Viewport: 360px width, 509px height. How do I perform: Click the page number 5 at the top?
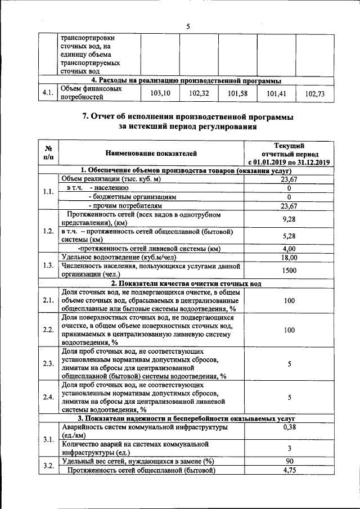tap(188, 26)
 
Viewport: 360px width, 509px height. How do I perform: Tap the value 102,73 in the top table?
tap(315, 94)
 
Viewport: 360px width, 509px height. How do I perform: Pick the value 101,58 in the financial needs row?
tap(238, 93)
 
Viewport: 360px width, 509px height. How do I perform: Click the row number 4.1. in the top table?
tap(48, 93)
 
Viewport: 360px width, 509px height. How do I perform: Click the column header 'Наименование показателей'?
tap(151, 152)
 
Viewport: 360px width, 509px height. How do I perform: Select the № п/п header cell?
tap(48, 153)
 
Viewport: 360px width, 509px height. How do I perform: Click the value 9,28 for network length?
tap(289, 219)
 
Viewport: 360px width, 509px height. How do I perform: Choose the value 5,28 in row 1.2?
tap(289, 236)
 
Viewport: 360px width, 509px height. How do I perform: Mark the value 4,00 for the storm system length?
tap(289, 249)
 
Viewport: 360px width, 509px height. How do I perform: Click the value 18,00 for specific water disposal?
tap(289, 257)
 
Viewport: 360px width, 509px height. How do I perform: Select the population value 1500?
tap(289, 271)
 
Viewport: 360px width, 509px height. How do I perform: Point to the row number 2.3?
tap(48, 363)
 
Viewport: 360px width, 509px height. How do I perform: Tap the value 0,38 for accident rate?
tap(289, 427)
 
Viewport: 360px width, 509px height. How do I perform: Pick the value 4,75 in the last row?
tap(289, 470)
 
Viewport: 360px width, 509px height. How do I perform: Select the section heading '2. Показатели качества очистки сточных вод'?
tap(186, 283)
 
